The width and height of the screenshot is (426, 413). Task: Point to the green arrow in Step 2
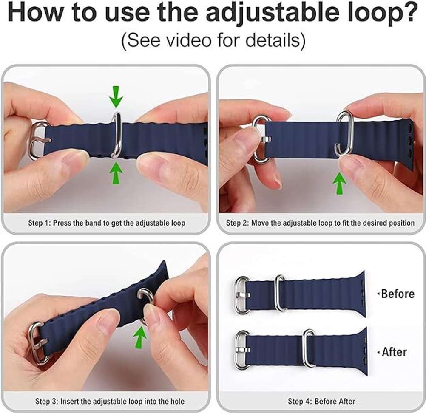click(339, 182)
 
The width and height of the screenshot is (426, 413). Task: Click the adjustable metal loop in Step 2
click(344, 133)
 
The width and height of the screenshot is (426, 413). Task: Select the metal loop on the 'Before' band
click(281, 293)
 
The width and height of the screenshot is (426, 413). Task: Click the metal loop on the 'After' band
click(310, 348)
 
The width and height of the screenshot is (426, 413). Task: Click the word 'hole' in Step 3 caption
click(176, 401)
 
